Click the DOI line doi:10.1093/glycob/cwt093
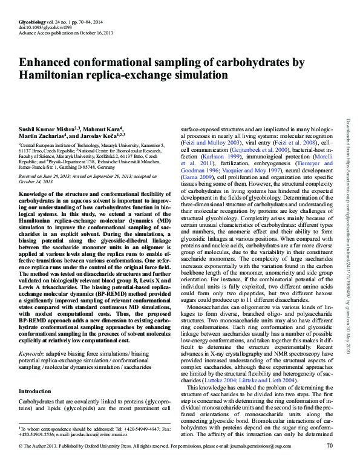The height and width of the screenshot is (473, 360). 39,27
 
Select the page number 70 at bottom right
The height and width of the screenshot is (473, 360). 330,463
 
